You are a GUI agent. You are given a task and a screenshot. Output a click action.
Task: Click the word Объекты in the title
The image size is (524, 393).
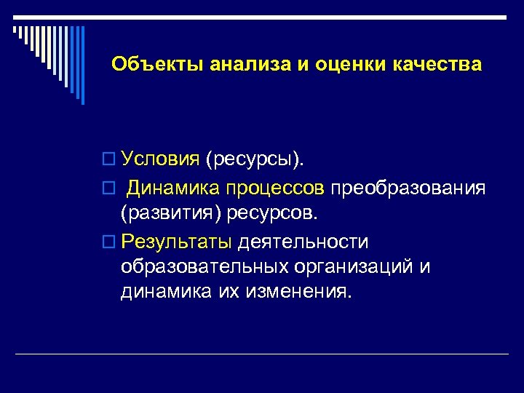pos(157,65)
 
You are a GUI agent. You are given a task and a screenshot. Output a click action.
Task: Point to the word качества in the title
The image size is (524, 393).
pos(437,65)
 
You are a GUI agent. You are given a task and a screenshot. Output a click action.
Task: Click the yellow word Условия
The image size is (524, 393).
pos(160,159)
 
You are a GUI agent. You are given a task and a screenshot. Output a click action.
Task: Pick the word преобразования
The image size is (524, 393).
pos(408,189)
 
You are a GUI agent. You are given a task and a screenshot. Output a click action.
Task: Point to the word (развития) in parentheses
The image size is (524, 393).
pos(171,215)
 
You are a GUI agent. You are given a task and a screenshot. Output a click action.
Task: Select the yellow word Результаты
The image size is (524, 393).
pos(177,241)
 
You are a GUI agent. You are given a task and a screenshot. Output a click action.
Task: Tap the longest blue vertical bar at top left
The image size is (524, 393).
pos(82,65)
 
